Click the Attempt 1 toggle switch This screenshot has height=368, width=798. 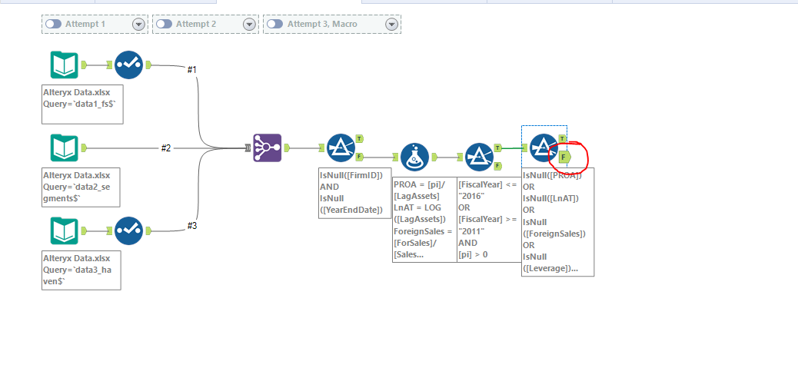click(x=54, y=25)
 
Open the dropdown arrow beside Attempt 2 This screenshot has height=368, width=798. click(x=249, y=25)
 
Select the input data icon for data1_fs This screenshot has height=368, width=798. click(x=64, y=65)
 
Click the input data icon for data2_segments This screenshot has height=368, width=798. click(x=64, y=148)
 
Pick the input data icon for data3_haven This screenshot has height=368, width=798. click(x=64, y=230)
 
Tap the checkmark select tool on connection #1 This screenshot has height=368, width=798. click(x=128, y=65)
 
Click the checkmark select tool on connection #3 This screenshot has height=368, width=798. click(x=128, y=230)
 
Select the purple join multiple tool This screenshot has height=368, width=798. click(x=267, y=148)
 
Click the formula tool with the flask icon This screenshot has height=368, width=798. click(x=415, y=157)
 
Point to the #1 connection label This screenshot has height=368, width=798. click(x=192, y=70)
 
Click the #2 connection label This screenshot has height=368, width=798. click(x=165, y=148)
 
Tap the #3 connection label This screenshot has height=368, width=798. click(x=192, y=226)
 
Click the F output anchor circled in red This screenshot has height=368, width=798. click(x=565, y=157)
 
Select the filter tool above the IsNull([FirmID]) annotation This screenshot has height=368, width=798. click(x=341, y=148)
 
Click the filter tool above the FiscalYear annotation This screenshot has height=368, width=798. click(x=480, y=157)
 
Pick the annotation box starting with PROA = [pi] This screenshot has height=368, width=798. click(x=424, y=220)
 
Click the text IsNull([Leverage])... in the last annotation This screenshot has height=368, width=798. click(x=550, y=267)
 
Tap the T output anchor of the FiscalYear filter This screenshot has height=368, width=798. click(x=498, y=148)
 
